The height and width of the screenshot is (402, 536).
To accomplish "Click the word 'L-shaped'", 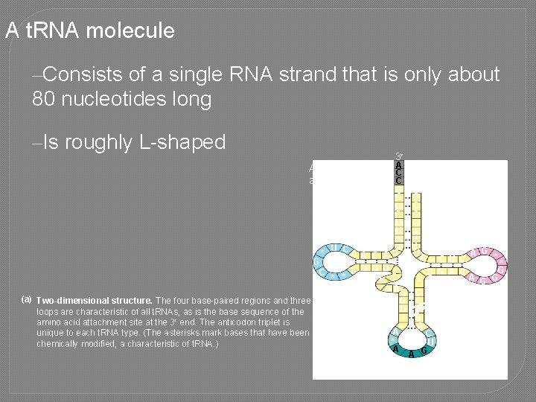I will tap(182, 142).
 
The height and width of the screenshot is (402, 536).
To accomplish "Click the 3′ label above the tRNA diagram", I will tap(399, 156).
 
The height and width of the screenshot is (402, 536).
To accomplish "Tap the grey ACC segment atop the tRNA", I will tap(399, 173).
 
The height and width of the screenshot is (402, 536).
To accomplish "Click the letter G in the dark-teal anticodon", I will tap(424, 351).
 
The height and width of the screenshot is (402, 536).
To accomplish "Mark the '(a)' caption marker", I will tap(27, 299).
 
